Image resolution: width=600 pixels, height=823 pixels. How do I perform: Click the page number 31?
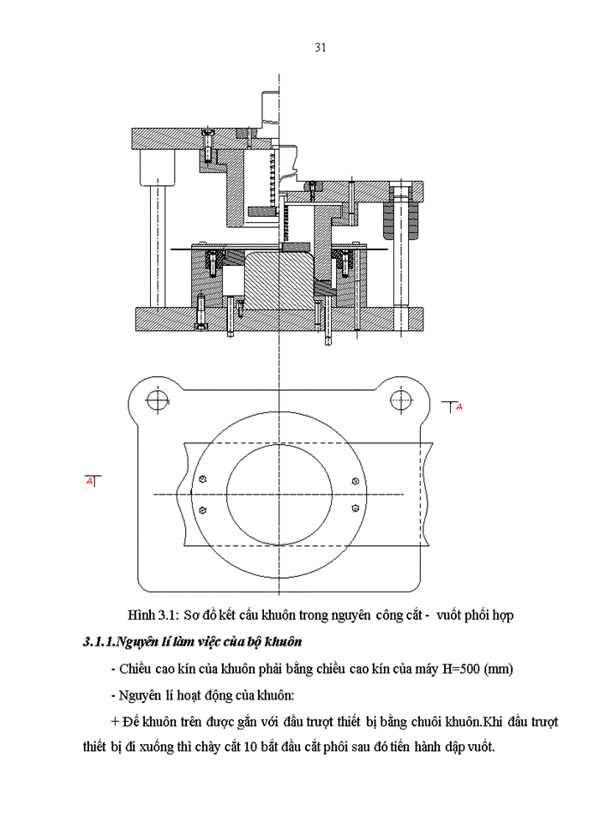coord(320,48)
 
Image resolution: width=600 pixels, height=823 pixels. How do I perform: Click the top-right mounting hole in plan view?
coord(401,398)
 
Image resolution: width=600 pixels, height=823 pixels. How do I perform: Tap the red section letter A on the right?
coord(459,407)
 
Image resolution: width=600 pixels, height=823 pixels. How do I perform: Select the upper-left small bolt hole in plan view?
coord(202,478)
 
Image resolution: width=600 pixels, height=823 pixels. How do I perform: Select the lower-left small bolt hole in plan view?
coord(202,510)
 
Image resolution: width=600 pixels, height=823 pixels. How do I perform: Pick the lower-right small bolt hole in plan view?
coord(355,508)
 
